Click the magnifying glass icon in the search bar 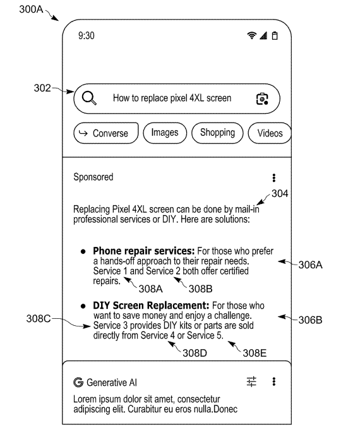coord(89,98)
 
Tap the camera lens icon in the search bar coord(262,99)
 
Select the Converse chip coord(106,133)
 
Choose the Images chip coord(165,133)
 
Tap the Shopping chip coord(217,133)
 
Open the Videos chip coord(270,133)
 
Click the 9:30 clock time coord(87,35)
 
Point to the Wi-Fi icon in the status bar coord(251,35)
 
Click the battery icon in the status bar coord(275,35)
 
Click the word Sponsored coord(93,177)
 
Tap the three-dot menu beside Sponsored coord(274,177)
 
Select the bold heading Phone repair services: coord(144,251)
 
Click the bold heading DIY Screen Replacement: coord(151,305)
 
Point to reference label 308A coord(151,289)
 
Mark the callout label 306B coord(310,320)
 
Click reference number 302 coord(42,88)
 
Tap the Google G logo coord(78,382)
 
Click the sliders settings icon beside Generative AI coord(251,381)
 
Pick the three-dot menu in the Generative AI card coord(274,381)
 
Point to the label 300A coord(32,9)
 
